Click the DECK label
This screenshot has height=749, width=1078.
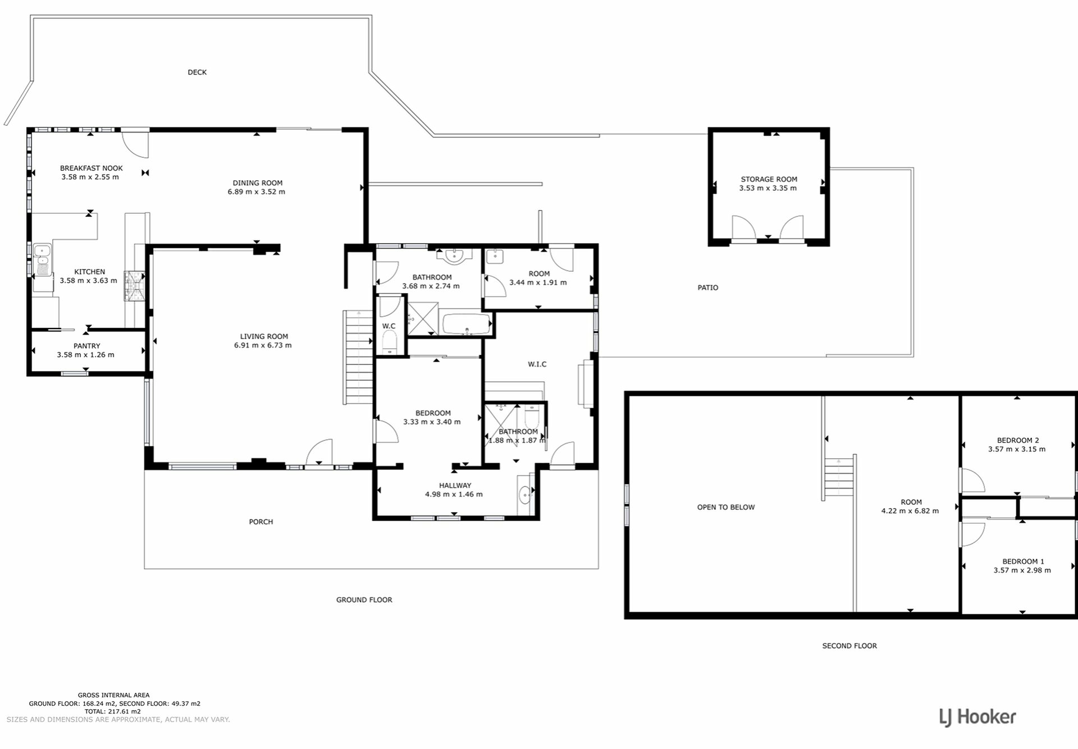click(197, 72)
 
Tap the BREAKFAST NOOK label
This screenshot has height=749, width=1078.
click(91, 168)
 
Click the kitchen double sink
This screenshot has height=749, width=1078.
click(42, 260)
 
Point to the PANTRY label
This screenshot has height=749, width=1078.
click(86, 346)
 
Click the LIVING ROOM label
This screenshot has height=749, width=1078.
click(264, 336)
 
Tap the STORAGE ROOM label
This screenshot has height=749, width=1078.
click(769, 179)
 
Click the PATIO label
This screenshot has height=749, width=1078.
click(707, 287)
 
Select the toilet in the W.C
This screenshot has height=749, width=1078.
click(390, 342)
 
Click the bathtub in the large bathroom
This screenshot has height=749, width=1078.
click(467, 325)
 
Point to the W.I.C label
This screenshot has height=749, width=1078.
click(537, 364)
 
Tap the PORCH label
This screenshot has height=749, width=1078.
click(261, 522)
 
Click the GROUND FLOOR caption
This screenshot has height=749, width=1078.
click(364, 600)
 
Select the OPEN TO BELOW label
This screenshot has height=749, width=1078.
click(725, 507)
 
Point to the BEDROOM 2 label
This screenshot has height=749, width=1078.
click(1017, 440)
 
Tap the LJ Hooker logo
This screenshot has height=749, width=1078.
click(977, 717)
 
